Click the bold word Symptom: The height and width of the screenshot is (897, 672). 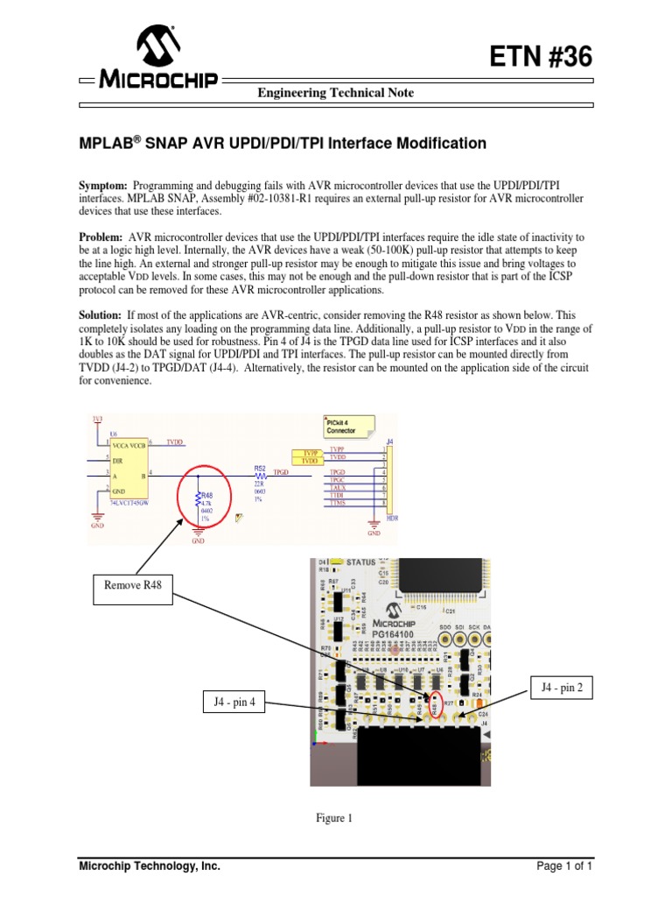pyautogui.click(x=104, y=187)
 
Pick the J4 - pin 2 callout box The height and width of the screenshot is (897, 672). pyautogui.click(x=561, y=689)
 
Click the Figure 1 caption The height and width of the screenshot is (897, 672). pyautogui.click(x=334, y=819)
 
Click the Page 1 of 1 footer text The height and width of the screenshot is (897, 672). pyautogui.click(x=565, y=867)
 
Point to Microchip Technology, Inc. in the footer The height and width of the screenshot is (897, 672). pyautogui.click(x=150, y=867)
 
